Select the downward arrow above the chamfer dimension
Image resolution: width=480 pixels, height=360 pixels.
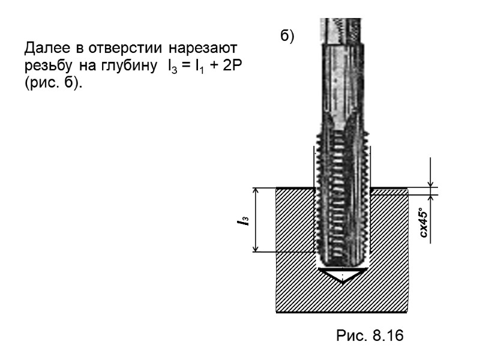(430, 182)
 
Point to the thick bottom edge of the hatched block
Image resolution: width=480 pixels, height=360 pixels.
(342, 311)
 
